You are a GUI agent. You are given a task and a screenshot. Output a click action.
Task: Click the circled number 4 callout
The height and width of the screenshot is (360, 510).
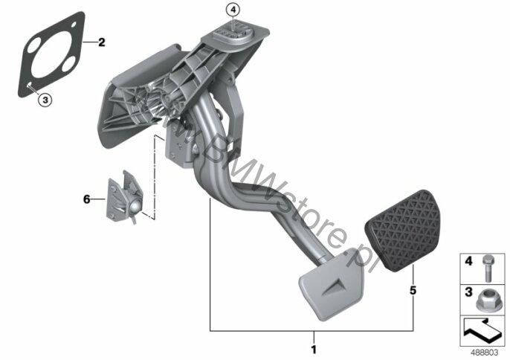click(233, 10)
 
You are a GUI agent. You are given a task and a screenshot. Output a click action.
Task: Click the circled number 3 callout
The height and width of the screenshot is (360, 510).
click(45, 100)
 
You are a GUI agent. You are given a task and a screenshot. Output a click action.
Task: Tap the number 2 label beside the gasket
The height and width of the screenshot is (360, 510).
click(101, 42)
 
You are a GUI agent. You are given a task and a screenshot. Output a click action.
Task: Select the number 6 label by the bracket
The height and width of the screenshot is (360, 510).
click(86, 199)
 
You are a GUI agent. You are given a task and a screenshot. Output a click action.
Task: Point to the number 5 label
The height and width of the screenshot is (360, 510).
click(413, 290)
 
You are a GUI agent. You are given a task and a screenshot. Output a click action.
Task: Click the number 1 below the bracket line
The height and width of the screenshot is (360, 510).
click(314, 350)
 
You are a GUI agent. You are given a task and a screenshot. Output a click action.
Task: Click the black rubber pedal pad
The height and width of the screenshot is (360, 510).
click(402, 231)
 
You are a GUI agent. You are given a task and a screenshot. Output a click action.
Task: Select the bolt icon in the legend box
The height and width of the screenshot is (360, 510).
click(487, 269)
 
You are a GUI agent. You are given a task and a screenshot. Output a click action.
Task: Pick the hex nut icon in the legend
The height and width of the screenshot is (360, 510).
click(485, 300)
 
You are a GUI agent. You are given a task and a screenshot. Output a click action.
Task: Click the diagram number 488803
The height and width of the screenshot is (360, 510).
click(484, 353)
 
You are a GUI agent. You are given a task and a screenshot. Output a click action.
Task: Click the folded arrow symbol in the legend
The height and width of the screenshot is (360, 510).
click(482, 331)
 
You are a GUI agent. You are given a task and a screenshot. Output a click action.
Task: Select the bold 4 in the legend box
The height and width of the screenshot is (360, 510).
click(468, 261)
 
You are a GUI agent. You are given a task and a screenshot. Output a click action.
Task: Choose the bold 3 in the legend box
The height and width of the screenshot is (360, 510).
click(468, 292)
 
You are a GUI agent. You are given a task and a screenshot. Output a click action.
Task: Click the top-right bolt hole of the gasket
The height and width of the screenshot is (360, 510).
click(74, 25)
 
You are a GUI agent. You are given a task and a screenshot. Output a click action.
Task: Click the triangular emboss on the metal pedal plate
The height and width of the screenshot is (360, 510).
click(332, 287)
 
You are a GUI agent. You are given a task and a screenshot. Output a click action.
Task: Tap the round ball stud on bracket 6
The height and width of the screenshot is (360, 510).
click(135, 206)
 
